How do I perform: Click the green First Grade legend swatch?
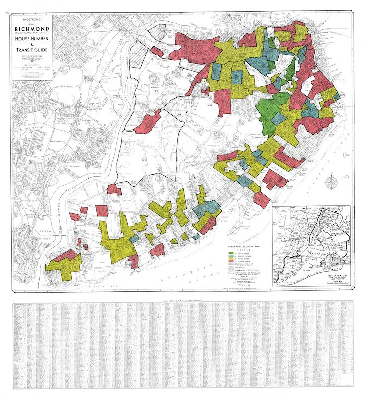click(x=231, y=254)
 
